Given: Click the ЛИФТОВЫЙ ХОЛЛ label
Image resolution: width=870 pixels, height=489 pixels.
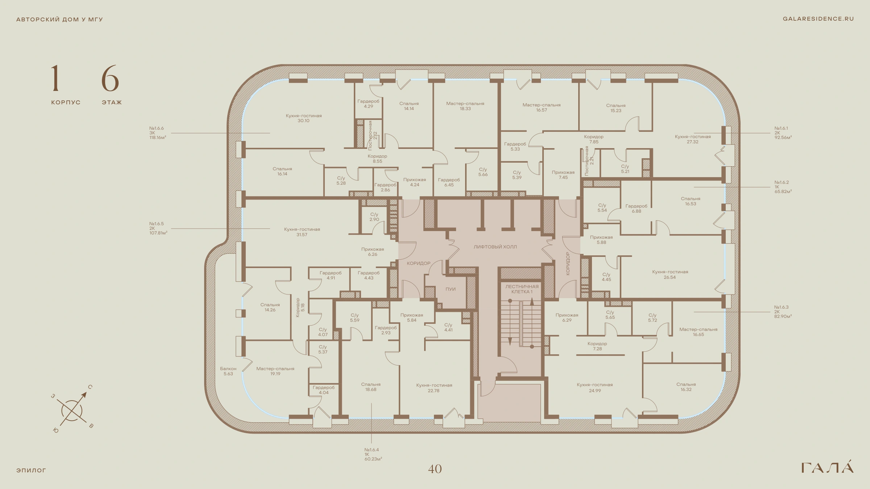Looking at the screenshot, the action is (x=495, y=247).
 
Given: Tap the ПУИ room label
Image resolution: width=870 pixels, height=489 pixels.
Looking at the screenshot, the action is (x=451, y=289).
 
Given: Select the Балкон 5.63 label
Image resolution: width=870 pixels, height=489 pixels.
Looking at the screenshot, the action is (x=228, y=371).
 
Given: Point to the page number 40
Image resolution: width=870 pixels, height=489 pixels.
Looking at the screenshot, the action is (x=435, y=469).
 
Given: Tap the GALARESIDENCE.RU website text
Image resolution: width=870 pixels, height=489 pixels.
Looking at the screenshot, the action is (x=818, y=19).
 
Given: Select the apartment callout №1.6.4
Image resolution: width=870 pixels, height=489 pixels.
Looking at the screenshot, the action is (x=373, y=454).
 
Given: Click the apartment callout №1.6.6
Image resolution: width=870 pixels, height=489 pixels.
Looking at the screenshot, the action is (x=158, y=133).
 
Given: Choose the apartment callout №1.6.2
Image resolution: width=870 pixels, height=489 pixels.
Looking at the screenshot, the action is (x=783, y=187).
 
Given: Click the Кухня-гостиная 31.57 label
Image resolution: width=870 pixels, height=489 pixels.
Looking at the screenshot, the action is (x=302, y=232).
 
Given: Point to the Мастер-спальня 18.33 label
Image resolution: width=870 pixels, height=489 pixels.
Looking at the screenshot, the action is (x=465, y=106).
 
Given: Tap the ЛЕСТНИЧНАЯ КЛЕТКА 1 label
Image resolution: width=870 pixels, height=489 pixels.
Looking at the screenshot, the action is (x=522, y=289).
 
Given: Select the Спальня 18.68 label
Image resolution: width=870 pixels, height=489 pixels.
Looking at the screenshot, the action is (x=371, y=387).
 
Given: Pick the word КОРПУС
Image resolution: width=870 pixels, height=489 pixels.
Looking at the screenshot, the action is (x=66, y=103).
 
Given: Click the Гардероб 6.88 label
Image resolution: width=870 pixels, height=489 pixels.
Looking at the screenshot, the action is (x=636, y=209).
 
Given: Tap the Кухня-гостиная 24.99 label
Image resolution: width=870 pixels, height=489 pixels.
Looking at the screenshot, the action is (x=595, y=388).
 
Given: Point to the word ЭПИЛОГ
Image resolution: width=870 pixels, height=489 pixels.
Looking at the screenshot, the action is (x=31, y=471).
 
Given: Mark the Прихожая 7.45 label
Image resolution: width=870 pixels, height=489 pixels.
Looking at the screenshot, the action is (x=563, y=175).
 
